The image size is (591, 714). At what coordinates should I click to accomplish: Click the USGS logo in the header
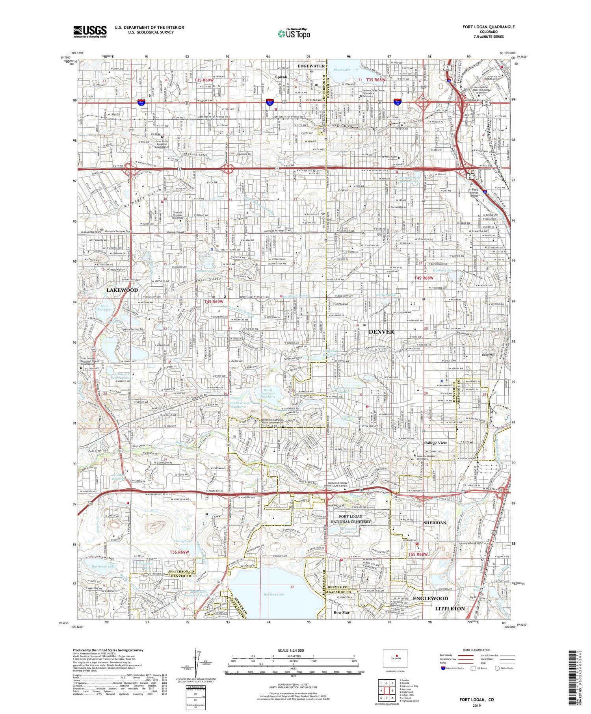click(x=90, y=31)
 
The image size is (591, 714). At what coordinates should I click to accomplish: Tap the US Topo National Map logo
click(x=294, y=33)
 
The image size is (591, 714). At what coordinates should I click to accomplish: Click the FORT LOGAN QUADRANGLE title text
click(x=489, y=27)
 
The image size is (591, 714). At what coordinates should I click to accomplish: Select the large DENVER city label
click(x=381, y=332)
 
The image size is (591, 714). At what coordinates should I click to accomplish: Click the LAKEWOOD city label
click(x=122, y=290)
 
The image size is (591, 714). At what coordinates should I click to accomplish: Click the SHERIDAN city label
click(x=435, y=523)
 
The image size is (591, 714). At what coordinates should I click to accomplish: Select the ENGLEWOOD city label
click(x=430, y=598)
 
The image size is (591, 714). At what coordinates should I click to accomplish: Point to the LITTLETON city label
click(x=450, y=608)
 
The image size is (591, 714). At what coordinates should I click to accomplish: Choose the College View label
click(x=435, y=443)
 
